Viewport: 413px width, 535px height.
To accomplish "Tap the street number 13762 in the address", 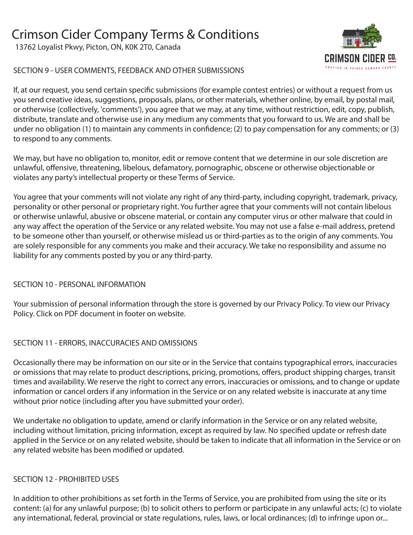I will pyautogui.click(x=25, y=47).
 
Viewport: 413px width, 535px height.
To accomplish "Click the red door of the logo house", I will pyautogui.click(x=357, y=43).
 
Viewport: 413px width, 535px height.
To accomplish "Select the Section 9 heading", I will pyautogui.click(x=129, y=70).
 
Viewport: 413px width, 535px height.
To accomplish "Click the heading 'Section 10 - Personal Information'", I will pyautogui.click(x=79, y=284).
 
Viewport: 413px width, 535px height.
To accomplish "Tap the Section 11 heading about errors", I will pyautogui.click(x=105, y=343).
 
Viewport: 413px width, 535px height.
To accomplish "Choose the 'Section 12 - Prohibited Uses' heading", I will pyautogui.click(x=66, y=479).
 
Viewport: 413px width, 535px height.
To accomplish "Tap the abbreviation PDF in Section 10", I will pyautogui.click(x=71, y=313).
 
